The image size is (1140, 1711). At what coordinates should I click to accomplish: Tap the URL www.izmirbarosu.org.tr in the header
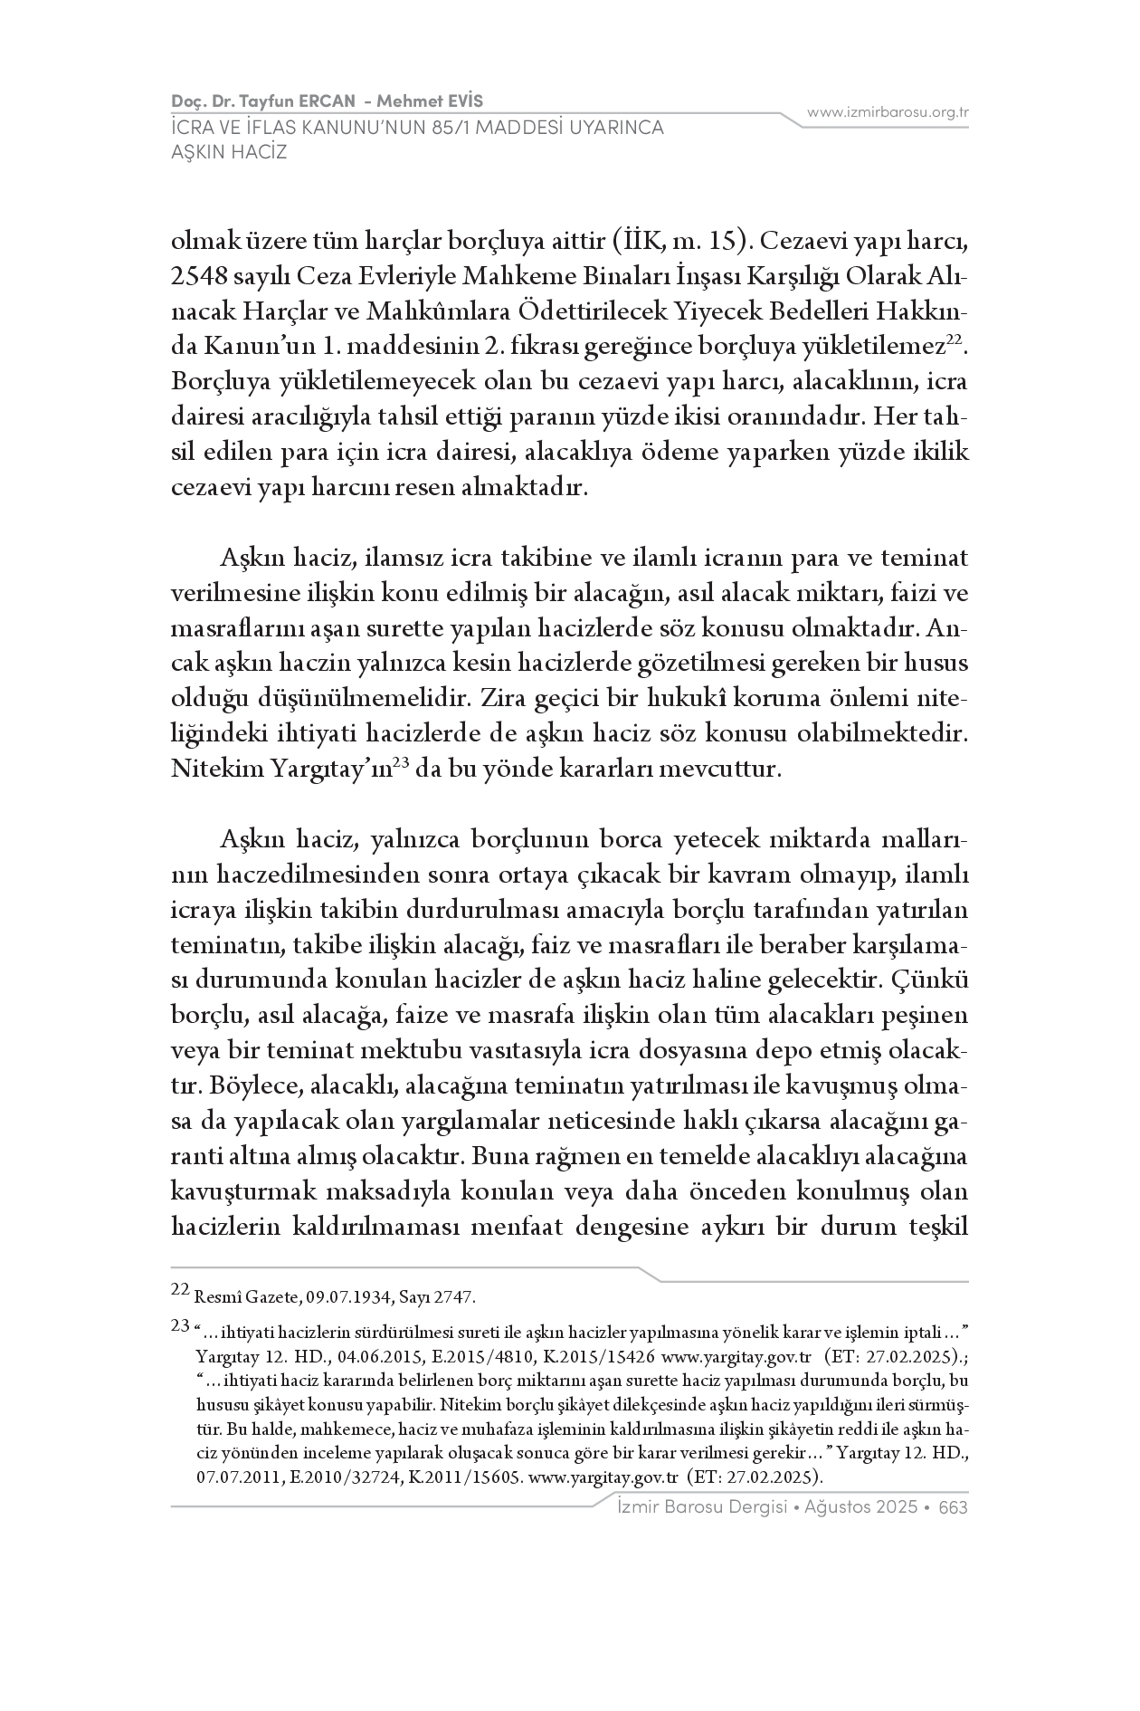coord(888,112)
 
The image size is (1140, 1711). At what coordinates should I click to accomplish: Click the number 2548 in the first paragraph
coord(197,276)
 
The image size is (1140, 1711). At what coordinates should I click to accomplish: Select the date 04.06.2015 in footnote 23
coord(374,1357)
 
